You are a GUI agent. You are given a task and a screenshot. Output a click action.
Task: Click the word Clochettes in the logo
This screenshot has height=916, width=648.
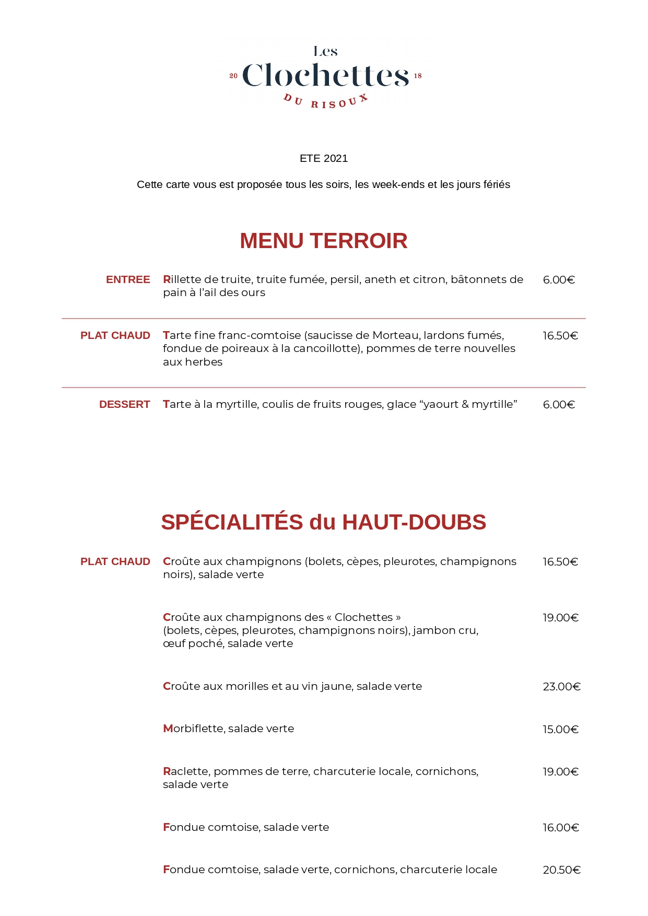pos(325,76)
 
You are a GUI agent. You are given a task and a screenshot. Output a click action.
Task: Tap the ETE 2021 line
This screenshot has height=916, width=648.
pos(324,159)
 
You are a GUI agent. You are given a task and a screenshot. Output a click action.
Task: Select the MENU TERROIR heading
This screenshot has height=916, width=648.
pos(324,241)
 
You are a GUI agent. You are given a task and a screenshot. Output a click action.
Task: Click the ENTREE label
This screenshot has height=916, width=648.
pos(128,280)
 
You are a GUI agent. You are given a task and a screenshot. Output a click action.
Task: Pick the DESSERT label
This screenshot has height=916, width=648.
pos(124,405)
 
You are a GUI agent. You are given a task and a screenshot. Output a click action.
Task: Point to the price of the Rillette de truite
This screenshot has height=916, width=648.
pos(559,280)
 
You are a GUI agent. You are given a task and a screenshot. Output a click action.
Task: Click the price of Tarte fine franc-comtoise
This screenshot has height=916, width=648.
pos(560,336)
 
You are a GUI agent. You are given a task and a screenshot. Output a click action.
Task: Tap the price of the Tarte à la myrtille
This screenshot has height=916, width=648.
pos(559,405)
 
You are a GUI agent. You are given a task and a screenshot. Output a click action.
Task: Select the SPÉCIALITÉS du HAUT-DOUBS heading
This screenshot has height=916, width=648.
pos(324,522)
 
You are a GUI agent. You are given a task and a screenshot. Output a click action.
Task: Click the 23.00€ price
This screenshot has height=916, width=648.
pos(561,687)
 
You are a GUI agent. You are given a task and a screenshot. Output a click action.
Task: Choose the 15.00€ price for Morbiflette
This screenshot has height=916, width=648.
pos(560,730)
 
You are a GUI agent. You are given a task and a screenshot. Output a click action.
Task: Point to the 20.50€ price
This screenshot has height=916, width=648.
pos(561,870)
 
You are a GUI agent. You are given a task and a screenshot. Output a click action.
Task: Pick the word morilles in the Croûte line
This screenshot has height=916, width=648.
pos(248,687)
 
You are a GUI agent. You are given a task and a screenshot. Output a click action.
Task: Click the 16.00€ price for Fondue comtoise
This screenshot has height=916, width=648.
pos(561,828)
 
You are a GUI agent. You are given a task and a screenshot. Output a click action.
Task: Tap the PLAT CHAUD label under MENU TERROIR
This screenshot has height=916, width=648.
pos(115,336)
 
